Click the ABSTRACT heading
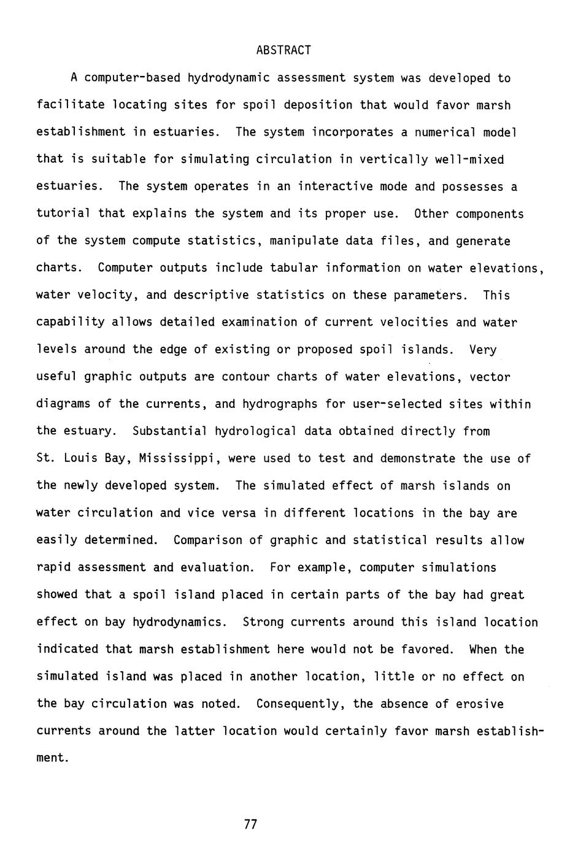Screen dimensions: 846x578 click(x=283, y=50)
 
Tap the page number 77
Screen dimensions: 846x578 click(x=250, y=824)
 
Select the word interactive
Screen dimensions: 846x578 click(x=335, y=187)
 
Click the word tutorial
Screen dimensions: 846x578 click(x=63, y=213)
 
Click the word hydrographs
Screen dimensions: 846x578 click(x=280, y=404)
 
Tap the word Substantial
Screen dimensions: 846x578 click(x=170, y=431)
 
